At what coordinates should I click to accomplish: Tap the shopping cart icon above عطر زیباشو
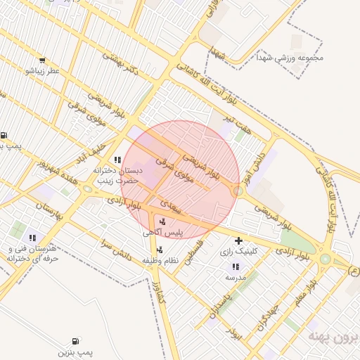click(x=42, y=60)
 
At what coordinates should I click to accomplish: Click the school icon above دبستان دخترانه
click(x=117, y=160)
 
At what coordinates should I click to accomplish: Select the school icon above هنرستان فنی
click(x=32, y=238)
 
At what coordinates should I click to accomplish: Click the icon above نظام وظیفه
click(x=160, y=250)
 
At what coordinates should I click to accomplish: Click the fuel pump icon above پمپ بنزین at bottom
click(x=75, y=340)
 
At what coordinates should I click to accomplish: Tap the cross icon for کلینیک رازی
click(x=238, y=240)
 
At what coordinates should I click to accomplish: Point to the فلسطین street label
click(x=194, y=250)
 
